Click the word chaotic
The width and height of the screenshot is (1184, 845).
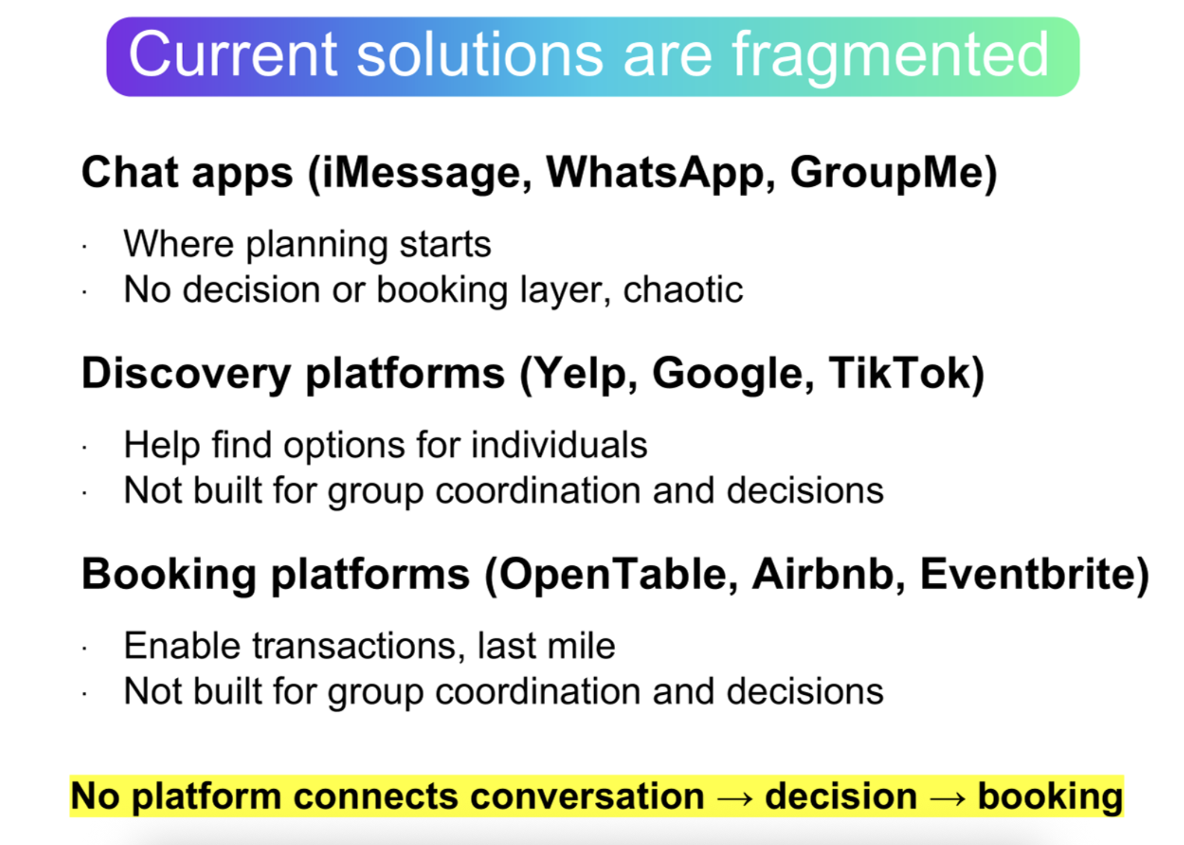click(683, 290)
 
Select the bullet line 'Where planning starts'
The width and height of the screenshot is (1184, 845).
click(307, 245)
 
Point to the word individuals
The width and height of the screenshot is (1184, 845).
click(559, 445)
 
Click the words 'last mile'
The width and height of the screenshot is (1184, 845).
click(546, 646)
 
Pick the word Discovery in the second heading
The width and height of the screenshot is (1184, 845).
click(186, 374)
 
